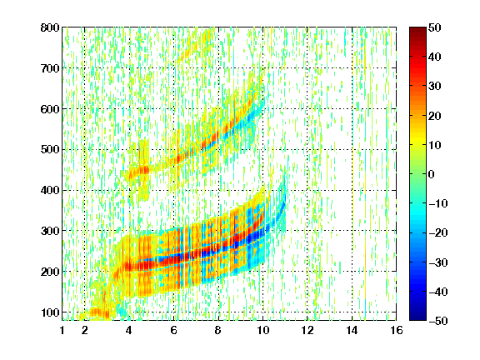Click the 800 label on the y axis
pyautogui.click(x=50, y=27)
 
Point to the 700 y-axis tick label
pyautogui.click(x=50, y=68)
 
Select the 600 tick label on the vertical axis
pyautogui.click(x=50, y=109)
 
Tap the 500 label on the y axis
pyautogui.click(x=50, y=150)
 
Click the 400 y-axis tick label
pyautogui.click(x=50, y=190)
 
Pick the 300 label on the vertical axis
pyautogui.click(x=50, y=231)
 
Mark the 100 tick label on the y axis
pyautogui.click(x=50, y=312)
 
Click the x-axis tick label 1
pyautogui.click(x=62, y=330)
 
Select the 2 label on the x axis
pyautogui.click(x=85, y=330)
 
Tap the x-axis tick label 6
pyautogui.click(x=174, y=330)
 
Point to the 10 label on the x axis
pyautogui.click(x=262, y=330)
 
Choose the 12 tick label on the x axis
pyautogui.click(x=307, y=330)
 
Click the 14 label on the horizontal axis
pyautogui.click(x=352, y=330)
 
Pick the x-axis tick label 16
pyautogui.click(x=397, y=330)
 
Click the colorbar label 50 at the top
pyautogui.click(x=435, y=27)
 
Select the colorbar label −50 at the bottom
pyautogui.click(x=438, y=321)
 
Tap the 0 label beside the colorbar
pyautogui.click(x=432, y=174)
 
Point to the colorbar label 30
pyautogui.click(x=435, y=87)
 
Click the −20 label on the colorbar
pyautogui.click(x=438, y=232)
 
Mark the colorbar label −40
pyautogui.click(x=438, y=292)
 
